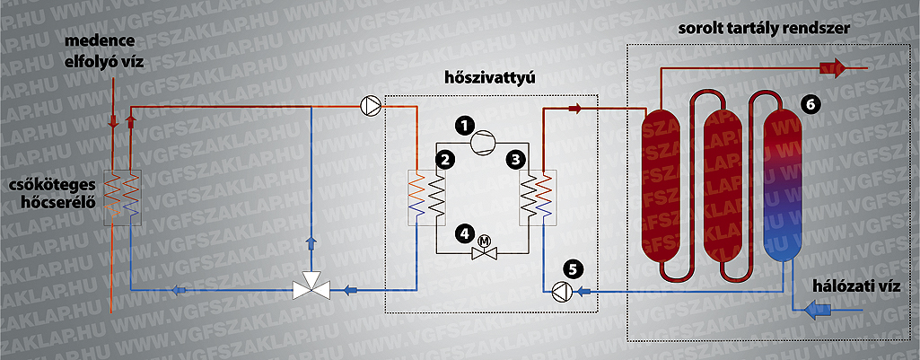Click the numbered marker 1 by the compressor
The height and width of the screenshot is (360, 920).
[465, 125]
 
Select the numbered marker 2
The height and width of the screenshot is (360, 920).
[444, 158]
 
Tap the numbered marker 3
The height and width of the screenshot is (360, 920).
[514, 158]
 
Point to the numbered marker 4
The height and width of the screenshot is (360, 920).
[465, 233]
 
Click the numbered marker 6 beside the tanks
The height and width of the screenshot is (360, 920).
[810, 104]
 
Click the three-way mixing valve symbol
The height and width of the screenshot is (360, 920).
[311, 286]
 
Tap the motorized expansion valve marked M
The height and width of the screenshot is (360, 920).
[485, 249]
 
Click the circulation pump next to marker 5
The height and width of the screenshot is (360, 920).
[562, 291]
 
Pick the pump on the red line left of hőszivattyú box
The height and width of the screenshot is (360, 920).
[371, 106]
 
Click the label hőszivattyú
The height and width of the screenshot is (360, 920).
[490, 79]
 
